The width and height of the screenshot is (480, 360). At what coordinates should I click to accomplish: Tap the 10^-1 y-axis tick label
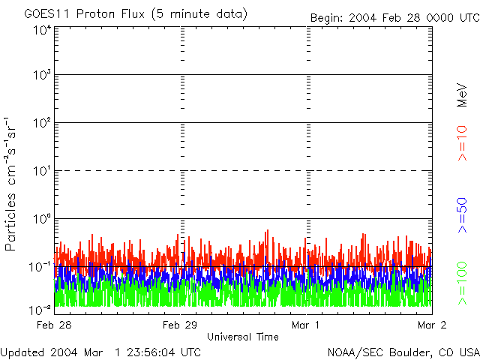click(x=41, y=266)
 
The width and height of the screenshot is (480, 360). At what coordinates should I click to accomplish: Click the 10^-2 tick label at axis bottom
click(x=41, y=309)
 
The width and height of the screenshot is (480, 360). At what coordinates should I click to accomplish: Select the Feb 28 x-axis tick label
click(x=54, y=325)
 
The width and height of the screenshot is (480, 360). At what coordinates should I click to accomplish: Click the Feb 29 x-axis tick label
click(x=180, y=325)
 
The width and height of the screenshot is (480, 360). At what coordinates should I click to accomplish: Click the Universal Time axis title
click(x=243, y=337)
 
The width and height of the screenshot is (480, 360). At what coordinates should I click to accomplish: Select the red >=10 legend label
click(x=463, y=143)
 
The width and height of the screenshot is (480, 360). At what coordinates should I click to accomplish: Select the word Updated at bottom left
click(x=22, y=352)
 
